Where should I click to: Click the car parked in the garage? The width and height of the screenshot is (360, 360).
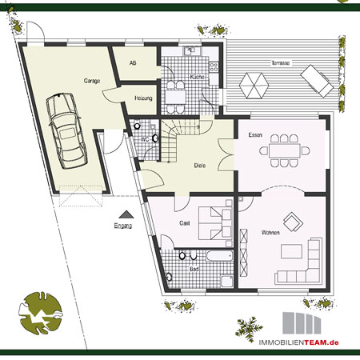(x=66, y=130)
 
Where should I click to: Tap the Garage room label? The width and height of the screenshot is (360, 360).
(x=92, y=81)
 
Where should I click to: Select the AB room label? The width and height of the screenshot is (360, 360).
(x=133, y=63)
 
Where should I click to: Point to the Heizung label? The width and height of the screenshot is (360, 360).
(x=143, y=98)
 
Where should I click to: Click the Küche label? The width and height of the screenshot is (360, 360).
(x=197, y=77)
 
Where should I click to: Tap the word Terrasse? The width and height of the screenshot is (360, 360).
(x=280, y=63)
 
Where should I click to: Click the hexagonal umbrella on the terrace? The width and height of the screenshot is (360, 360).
(x=254, y=86)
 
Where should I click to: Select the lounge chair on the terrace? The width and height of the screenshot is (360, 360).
(x=317, y=81)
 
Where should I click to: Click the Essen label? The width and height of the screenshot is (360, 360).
(x=255, y=135)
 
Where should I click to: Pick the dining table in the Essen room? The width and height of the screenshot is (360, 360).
(x=285, y=151)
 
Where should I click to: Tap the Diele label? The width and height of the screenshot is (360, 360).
(x=200, y=166)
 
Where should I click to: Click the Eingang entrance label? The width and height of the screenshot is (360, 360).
(x=123, y=226)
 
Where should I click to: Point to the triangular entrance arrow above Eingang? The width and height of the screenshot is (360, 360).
(x=126, y=214)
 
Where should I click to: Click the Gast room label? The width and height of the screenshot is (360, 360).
(x=185, y=223)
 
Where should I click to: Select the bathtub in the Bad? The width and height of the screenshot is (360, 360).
(x=219, y=256)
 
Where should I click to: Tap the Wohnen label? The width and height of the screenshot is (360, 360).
(x=270, y=233)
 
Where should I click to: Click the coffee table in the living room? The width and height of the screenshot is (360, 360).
(x=291, y=251)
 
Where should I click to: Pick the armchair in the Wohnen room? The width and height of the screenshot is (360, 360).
(x=293, y=222)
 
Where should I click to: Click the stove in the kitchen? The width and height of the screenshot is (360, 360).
(x=214, y=67)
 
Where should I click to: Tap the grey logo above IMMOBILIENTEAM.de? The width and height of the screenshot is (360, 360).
(x=302, y=323)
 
